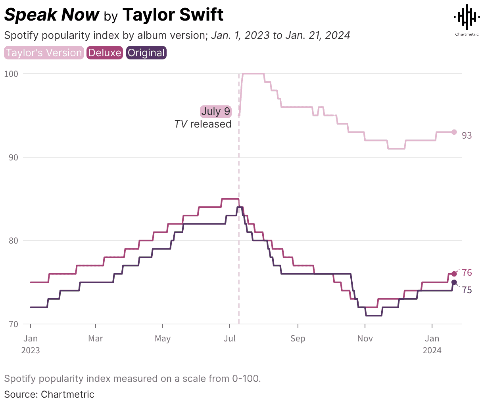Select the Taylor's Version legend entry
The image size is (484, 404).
coord(44,53)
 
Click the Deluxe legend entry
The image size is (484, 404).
coord(105,53)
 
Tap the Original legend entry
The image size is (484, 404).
coord(146,53)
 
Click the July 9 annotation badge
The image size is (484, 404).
coord(215,111)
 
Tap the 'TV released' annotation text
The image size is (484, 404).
coord(203,124)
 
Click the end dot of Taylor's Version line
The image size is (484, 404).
coord(454,132)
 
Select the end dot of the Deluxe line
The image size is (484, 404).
coord(454,274)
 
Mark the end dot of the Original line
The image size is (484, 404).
coord(454,282)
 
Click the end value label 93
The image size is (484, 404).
coord(467,136)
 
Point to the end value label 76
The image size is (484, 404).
coord(467,273)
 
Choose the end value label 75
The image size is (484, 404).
coord(467,290)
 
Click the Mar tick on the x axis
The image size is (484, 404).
coord(96,339)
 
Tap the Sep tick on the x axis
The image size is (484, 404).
coord(298,339)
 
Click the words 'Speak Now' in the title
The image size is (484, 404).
coord(52,15)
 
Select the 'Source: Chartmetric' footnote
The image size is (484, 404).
coord(49,394)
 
